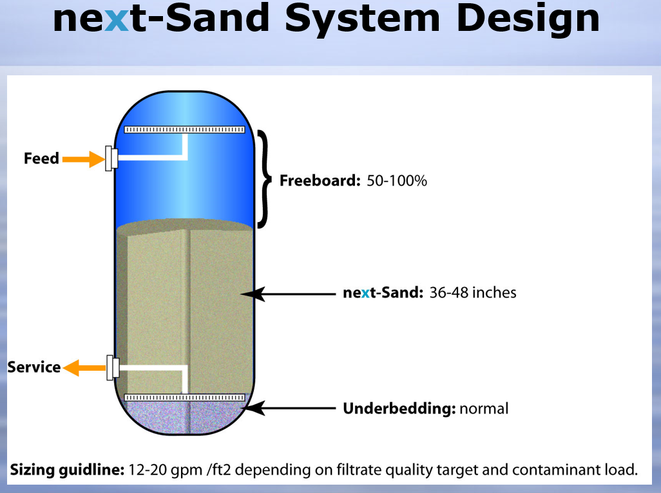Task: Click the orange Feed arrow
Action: [84, 159]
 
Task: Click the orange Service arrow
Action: [84, 367]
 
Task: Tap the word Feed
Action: [41, 158]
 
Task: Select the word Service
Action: [34, 367]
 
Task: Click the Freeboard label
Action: [320, 181]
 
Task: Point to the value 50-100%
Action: [397, 181]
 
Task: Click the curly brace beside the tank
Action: [264, 179]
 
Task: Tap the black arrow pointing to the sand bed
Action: [289, 294]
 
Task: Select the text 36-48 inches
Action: [473, 293]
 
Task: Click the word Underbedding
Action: [399, 409]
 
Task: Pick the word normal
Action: [484, 409]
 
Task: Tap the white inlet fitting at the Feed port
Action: [111, 158]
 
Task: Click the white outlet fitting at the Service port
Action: [113, 367]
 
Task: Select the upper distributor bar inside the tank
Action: [185, 129]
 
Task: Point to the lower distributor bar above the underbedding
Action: [185, 398]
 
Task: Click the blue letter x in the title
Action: [116, 19]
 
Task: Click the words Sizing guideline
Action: [67, 470]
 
